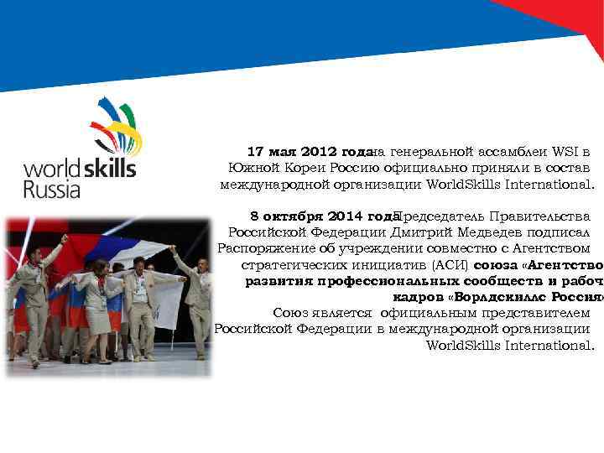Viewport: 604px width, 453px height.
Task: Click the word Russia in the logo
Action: (x=52, y=189)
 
